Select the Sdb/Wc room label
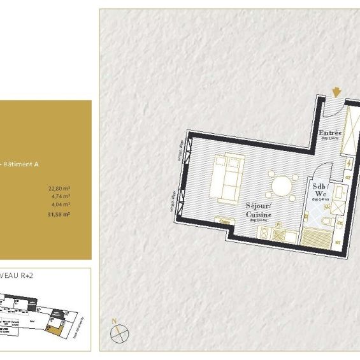coord(319,191)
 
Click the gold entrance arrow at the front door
coord(336,94)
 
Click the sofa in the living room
coord(228,176)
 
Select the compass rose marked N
coord(119,332)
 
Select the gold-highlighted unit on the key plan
coord(58,327)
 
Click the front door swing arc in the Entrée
coord(331,110)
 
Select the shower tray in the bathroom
coord(317,239)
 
